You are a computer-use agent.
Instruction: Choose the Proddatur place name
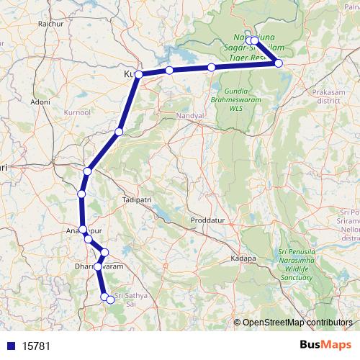coord(207,219)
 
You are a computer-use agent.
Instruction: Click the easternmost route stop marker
coord(279,63)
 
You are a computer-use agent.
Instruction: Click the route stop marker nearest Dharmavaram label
coord(99,266)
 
